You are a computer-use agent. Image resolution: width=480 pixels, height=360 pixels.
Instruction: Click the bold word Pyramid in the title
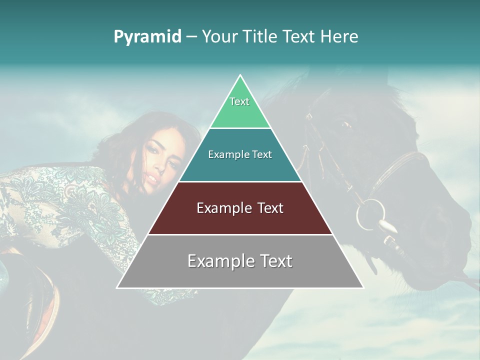click(x=147, y=37)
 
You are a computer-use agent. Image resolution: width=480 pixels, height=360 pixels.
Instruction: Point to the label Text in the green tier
click(x=239, y=101)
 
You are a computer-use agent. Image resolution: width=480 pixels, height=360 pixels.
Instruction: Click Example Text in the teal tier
click(x=240, y=154)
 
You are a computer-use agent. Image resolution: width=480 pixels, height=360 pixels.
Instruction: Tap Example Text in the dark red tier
click(x=240, y=208)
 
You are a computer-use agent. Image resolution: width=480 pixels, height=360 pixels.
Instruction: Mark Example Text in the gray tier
click(x=240, y=261)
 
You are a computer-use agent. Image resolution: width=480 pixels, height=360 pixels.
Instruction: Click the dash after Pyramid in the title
click(x=191, y=37)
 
